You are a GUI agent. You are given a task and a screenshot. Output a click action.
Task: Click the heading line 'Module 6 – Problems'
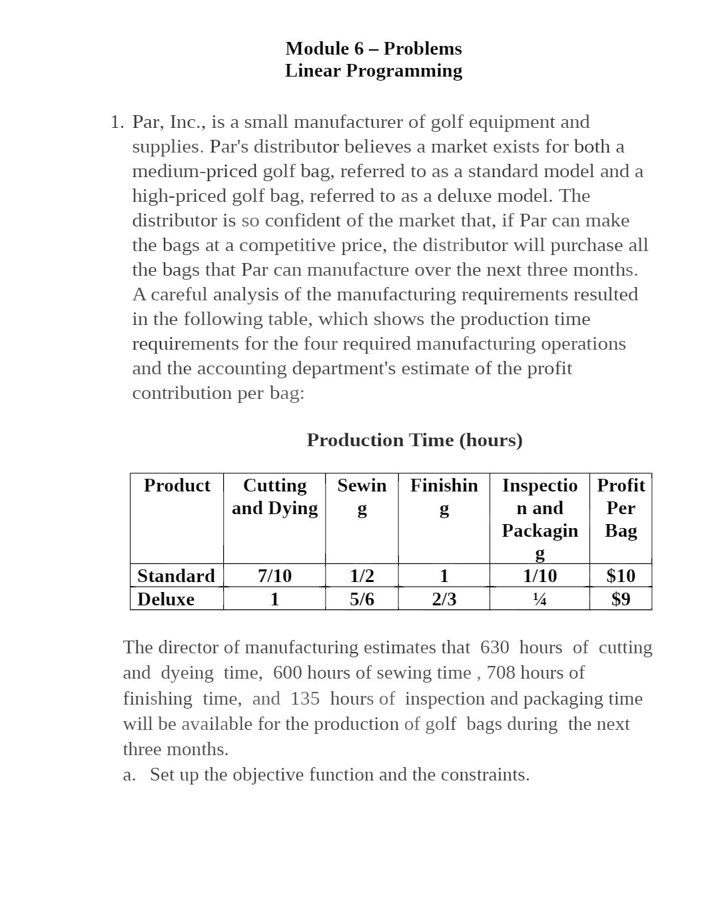coord(373,49)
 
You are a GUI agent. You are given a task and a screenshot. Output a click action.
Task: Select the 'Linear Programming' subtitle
coord(373,71)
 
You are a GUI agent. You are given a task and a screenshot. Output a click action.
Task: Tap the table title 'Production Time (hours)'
coord(414,440)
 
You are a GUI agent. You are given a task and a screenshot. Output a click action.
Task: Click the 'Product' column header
coord(176,485)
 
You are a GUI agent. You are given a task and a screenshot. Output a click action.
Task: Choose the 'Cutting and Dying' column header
coord(274,497)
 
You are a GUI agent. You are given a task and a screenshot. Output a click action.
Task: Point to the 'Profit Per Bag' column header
coord(621,508)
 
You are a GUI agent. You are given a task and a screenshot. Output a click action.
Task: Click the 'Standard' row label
coord(176,575)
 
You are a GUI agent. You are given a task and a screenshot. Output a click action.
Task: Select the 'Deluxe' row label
coord(166,599)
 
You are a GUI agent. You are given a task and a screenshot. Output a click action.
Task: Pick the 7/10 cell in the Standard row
coord(274,575)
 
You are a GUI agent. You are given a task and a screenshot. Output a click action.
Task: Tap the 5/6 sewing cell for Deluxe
coord(362,599)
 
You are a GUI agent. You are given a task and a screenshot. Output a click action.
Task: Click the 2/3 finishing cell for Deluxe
coord(444,599)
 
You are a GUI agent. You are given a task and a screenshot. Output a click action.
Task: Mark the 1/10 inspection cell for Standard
coord(539,575)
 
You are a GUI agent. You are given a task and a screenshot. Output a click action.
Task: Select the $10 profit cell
coord(621,575)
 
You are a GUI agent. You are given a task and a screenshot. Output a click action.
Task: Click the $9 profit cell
coord(621,599)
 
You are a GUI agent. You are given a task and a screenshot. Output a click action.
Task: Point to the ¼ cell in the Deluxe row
coord(539,599)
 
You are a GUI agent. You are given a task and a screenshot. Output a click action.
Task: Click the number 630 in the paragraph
coord(494,647)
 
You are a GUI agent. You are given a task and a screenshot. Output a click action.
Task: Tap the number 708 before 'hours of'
coord(501,673)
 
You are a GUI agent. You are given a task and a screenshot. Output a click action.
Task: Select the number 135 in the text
coord(304,699)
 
